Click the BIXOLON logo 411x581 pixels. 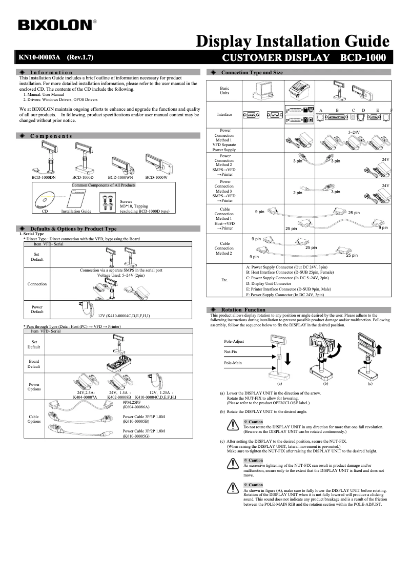56,25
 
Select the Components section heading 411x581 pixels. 51,136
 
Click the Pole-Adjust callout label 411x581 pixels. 234,341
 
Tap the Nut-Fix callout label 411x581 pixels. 231,352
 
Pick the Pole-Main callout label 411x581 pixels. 233,363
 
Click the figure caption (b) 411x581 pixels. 325,383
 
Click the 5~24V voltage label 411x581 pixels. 355,132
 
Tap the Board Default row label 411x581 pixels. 34,364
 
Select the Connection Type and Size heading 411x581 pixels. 252,73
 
